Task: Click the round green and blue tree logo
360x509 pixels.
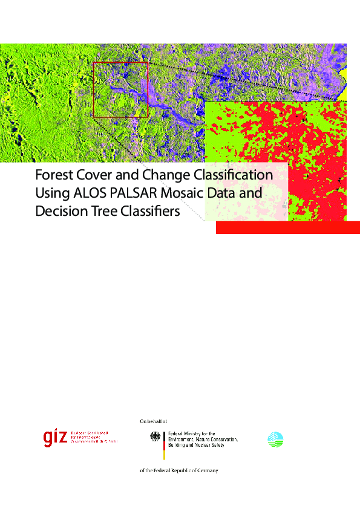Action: (275, 439)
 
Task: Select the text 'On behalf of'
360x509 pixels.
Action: (153, 420)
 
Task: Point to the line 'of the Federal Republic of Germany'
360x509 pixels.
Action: (178, 470)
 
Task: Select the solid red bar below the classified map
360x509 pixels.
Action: (288, 227)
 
